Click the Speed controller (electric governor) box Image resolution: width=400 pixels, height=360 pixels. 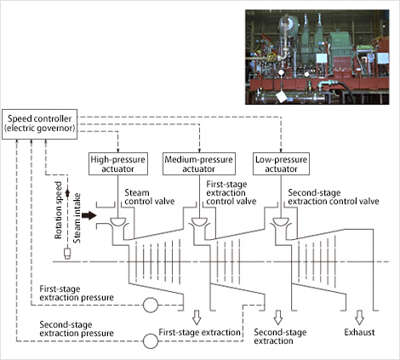coord(39,124)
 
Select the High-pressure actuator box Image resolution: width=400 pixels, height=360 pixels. coord(118,163)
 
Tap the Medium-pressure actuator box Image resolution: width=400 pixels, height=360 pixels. coord(199,163)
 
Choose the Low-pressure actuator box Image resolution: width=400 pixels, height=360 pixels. coord(281,163)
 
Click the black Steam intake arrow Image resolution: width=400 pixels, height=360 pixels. coord(89,215)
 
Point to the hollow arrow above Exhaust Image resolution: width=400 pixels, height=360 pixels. coord(359,317)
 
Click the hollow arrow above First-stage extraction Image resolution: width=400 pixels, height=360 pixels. coord(197,317)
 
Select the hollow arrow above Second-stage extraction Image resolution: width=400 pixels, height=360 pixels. coord(278,317)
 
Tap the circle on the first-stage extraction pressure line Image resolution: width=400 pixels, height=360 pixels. coord(151,306)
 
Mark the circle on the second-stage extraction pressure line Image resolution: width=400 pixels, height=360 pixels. coord(151,341)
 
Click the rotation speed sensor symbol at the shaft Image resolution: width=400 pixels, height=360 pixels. coord(67,254)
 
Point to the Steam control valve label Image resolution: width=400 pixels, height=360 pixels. coord(150,197)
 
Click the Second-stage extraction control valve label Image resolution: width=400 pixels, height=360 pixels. coord(334,197)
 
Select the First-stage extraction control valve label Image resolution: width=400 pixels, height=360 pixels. coord(231,192)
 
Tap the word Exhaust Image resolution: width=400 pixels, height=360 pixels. coord(359,332)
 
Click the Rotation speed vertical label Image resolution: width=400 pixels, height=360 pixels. coord(58,210)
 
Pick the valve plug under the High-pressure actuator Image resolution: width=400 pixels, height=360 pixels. coord(118,222)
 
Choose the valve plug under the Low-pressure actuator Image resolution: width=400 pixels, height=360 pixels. coord(281,222)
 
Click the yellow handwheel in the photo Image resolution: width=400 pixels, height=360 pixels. coord(271,57)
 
